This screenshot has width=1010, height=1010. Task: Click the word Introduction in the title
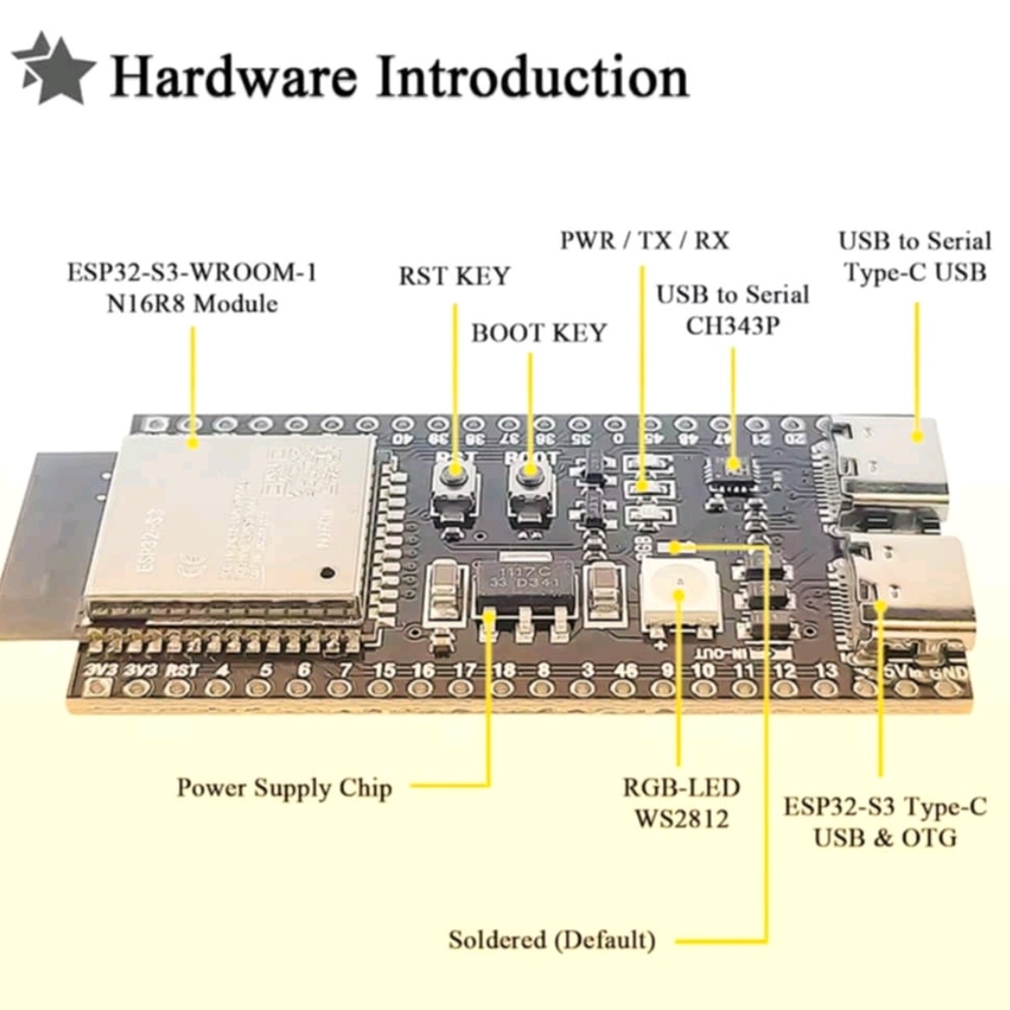[531, 76]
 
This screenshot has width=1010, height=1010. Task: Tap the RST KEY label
[453, 276]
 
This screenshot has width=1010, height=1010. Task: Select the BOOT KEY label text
[539, 333]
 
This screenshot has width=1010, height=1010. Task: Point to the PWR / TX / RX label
[644, 241]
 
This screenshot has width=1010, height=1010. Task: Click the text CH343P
[732, 325]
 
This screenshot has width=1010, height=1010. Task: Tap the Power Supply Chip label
[284, 788]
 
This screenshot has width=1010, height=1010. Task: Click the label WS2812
[681, 819]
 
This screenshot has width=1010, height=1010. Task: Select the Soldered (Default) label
[551, 940]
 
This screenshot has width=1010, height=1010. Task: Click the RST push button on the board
[455, 495]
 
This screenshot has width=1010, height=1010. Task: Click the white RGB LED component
[680, 593]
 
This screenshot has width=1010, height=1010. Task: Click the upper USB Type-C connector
[889, 467]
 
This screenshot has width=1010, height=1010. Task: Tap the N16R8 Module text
[191, 303]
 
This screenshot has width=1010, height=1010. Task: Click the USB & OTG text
[884, 838]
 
